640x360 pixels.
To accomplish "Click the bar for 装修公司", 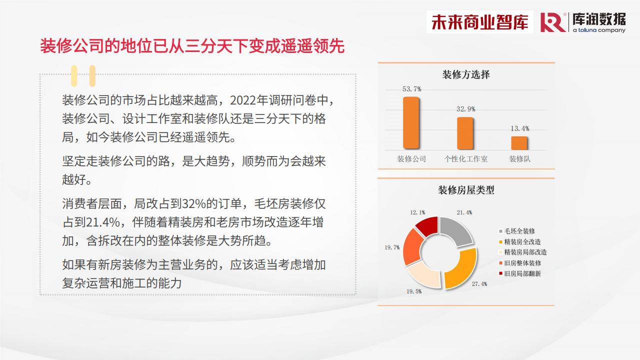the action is [x=411, y=123].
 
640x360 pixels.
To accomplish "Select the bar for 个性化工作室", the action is [x=465, y=133].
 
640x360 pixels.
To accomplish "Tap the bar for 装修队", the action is [x=519, y=143].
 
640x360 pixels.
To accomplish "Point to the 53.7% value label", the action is [x=411, y=89].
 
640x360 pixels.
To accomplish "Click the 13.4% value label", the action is [x=519, y=128].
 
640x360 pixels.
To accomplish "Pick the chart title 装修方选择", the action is [x=466, y=74].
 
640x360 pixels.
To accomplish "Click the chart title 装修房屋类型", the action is [x=466, y=190].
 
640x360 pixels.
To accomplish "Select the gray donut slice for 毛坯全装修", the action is [x=455, y=230].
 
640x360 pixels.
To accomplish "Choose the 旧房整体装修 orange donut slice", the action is [x=412, y=246].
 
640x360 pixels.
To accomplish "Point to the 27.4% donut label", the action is [x=479, y=284].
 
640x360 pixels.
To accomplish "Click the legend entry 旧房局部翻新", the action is [x=520, y=273].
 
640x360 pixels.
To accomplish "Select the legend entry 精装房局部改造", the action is [x=523, y=252].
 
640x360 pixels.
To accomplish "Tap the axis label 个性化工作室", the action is [x=465, y=159].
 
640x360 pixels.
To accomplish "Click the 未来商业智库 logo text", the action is [x=479, y=22].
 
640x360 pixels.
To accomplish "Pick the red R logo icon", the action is [x=553, y=22].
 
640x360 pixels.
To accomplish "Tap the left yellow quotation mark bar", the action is [x=74, y=76].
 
